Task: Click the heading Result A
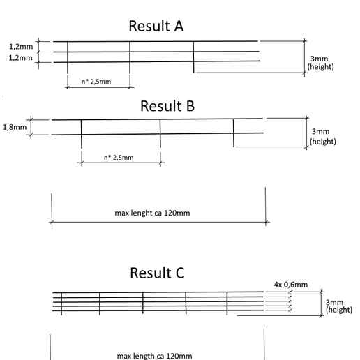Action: (x=156, y=26)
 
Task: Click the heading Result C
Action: (x=156, y=273)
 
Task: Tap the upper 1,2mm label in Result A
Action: (x=21, y=46)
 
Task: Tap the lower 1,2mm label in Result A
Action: (x=21, y=57)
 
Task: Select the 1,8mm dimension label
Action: (x=15, y=127)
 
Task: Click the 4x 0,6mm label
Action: (x=291, y=284)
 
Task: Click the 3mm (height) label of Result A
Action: (x=320, y=63)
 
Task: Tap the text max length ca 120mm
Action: (x=155, y=356)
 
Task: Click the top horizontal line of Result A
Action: (x=153, y=42)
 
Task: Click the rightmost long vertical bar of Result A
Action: (x=194, y=57)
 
